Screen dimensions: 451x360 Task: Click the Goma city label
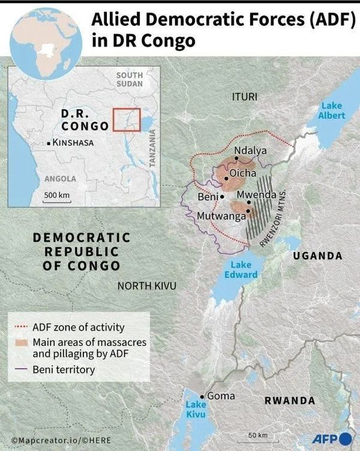coord(220,396)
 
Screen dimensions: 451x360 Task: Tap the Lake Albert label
coord(331,110)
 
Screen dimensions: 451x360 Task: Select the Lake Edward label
coord(244,270)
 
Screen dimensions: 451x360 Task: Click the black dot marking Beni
coord(222,196)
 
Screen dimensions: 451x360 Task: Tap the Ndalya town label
coord(250,151)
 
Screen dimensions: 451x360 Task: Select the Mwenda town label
coord(256,195)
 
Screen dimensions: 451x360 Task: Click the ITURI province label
coord(245,96)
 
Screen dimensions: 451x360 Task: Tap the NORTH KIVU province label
coord(146,285)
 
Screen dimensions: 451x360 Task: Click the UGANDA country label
coord(317,255)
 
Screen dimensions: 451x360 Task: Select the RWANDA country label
coord(290,400)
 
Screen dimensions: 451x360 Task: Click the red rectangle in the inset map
coord(126,119)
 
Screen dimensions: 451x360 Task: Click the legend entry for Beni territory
coord(63,369)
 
